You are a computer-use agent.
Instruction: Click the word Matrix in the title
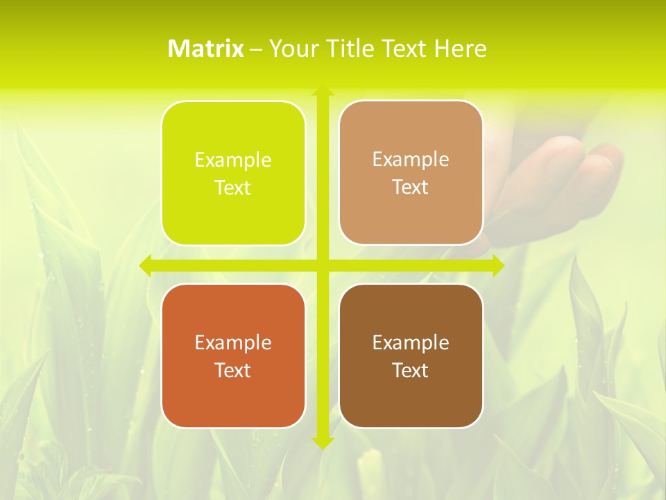206,49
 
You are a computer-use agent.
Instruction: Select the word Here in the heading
460,49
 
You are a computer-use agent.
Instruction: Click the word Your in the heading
291,49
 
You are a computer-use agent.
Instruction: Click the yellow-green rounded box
233,173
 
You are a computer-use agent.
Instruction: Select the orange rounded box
233,356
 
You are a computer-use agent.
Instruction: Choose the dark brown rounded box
411,356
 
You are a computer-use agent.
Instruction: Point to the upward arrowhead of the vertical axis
322,92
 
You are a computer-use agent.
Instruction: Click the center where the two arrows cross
322,265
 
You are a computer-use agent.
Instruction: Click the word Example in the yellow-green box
233,160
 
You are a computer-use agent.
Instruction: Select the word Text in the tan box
411,187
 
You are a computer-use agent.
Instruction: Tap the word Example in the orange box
233,342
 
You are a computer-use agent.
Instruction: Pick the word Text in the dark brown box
411,370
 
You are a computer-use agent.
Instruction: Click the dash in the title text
256,49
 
